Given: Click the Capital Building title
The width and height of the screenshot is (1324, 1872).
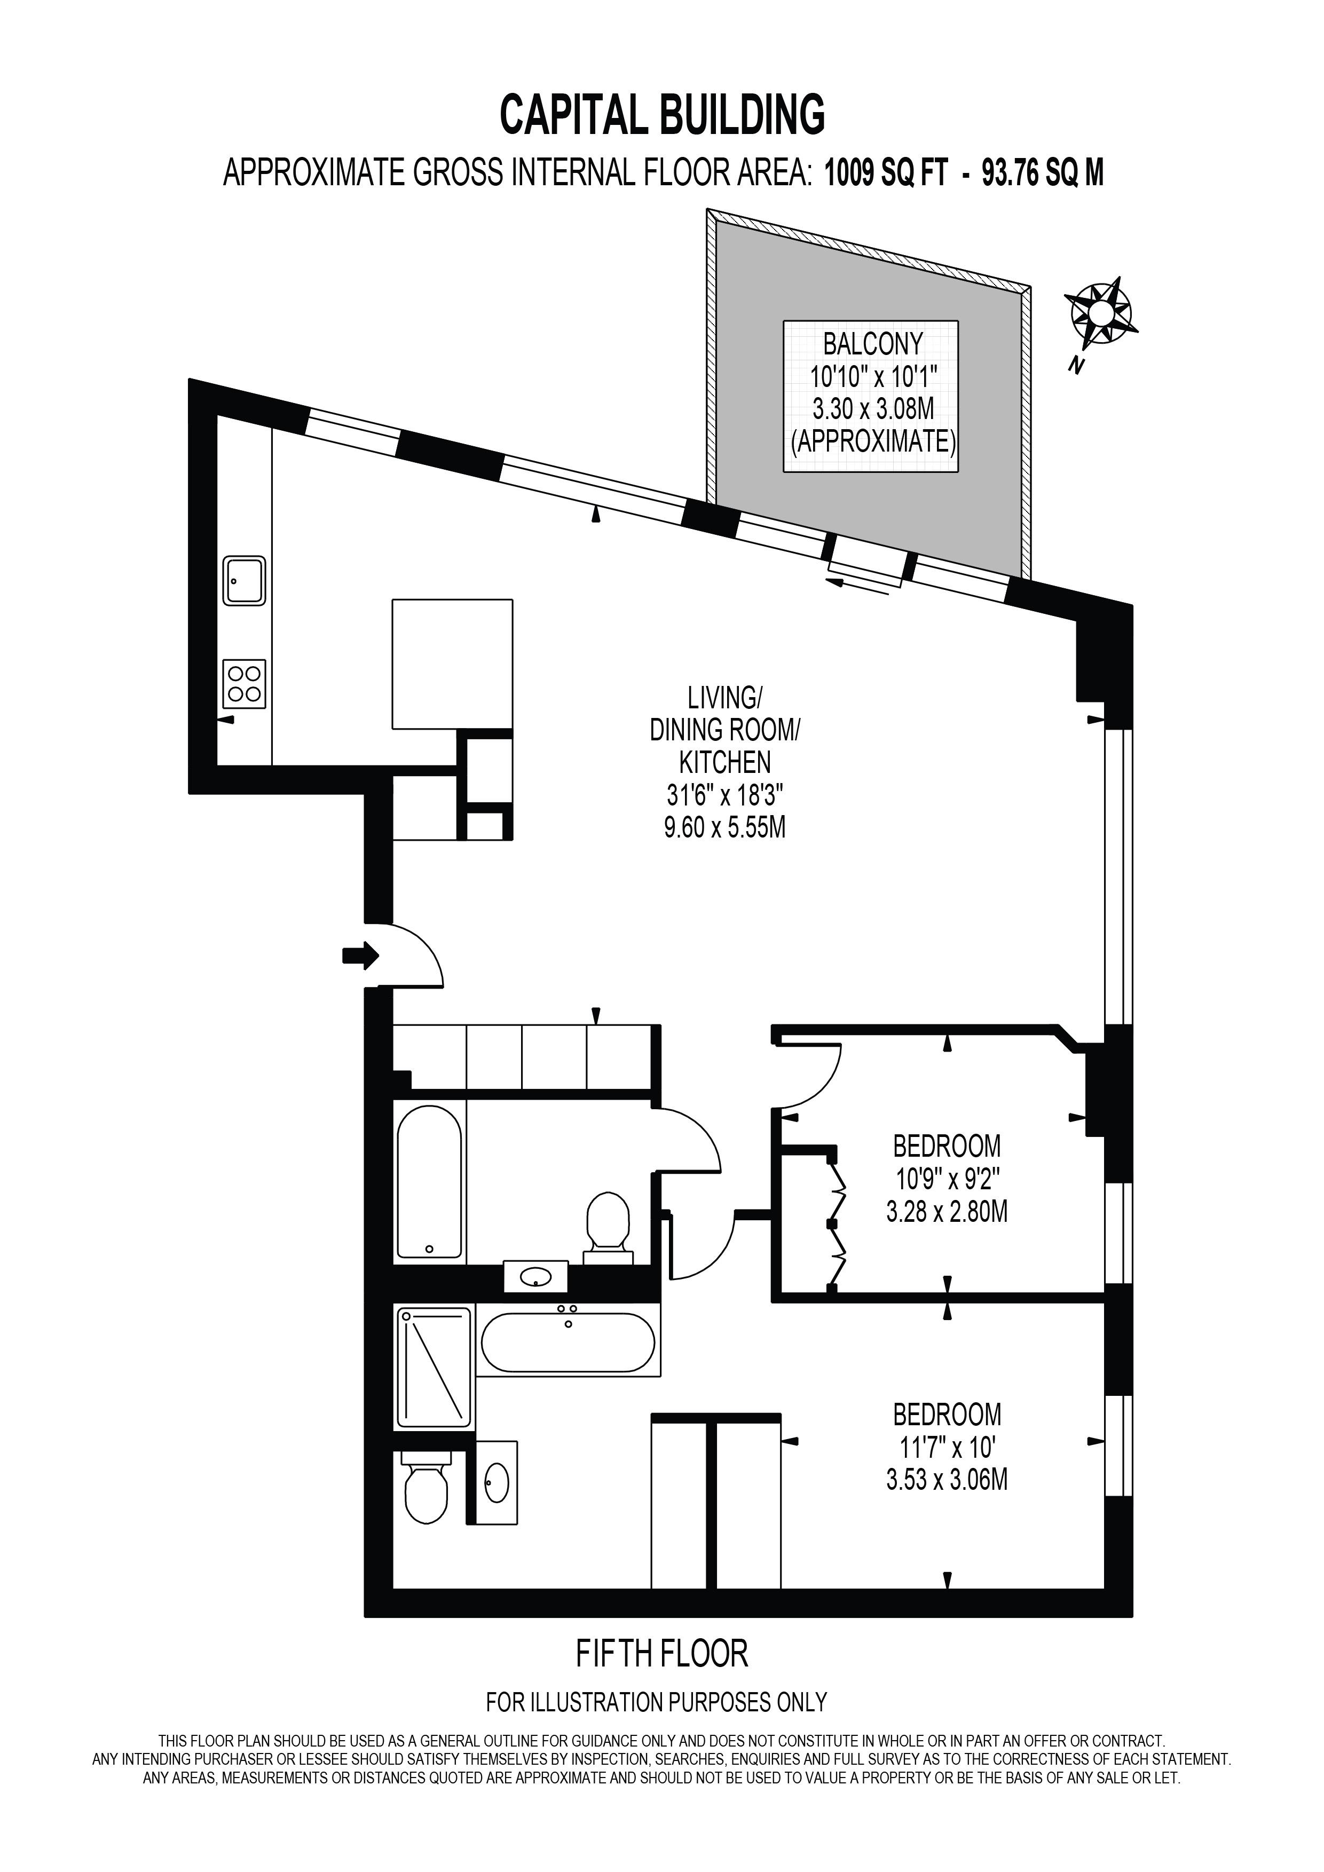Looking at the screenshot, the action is tap(662, 114).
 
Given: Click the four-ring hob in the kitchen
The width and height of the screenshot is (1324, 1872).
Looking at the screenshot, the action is tap(245, 683).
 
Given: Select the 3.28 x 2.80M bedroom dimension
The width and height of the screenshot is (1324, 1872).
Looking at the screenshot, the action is tap(947, 1212).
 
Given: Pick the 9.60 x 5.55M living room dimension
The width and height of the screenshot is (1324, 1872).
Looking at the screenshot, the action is tap(725, 827).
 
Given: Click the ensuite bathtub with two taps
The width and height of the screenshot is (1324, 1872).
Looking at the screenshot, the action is tap(568, 1340).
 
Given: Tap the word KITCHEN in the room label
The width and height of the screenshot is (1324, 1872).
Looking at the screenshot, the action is tap(725, 762).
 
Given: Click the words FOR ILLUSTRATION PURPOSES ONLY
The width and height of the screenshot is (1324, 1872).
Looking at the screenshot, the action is tap(656, 1702).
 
